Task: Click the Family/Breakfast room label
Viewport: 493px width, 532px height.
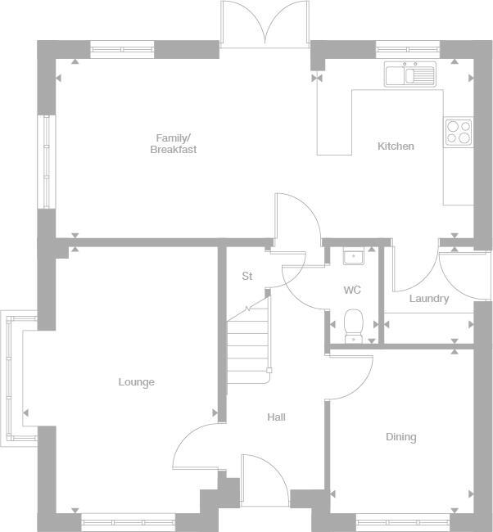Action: tap(173, 143)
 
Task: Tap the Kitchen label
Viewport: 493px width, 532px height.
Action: tap(396, 147)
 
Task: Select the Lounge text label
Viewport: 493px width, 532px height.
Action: tap(136, 382)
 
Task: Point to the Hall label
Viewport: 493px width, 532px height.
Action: tap(276, 417)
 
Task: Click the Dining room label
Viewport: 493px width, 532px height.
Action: tap(400, 437)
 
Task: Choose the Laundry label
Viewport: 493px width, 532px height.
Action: tap(429, 299)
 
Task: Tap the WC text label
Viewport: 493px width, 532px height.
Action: tap(352, 291)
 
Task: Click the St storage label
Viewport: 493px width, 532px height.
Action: tap(246, 277)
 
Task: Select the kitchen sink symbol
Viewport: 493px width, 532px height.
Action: tap(410, 74)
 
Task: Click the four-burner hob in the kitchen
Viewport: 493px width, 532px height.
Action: tap(458, 132)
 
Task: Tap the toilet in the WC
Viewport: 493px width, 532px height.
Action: tap(354, 324)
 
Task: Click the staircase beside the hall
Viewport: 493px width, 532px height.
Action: tap(248, 340)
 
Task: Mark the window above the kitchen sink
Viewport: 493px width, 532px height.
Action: tap(408, 48)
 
